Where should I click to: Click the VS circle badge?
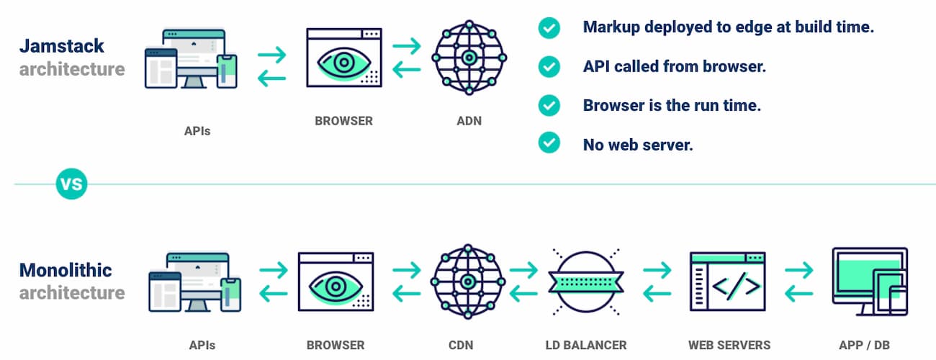(71, 184)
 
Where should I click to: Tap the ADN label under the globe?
(469, 121)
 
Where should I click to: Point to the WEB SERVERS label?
(729, 345)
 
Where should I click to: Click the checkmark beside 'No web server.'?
(549, 143)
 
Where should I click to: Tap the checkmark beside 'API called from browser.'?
(549, 66)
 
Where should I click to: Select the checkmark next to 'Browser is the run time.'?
(549, 105)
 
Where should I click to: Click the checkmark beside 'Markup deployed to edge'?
(549, 28)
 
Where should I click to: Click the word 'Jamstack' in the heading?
(62, 46)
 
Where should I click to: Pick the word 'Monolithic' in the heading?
(66, 271)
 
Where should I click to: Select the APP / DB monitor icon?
(869, 281)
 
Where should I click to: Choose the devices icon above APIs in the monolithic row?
(194, 282)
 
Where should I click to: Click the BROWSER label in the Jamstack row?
(344, 121)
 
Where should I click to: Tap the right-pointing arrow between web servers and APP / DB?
(798, 271)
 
